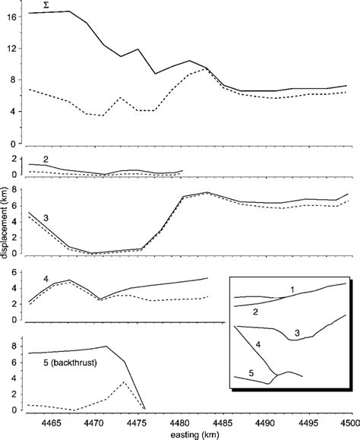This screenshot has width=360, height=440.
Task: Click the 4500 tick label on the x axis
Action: click(x=348, y=420)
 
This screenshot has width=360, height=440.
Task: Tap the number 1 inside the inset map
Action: click(x=293, y=290)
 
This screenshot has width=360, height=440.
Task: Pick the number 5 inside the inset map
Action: click(x=251, y=373)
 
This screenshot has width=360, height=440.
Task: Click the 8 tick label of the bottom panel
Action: click(x=16, y=346)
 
